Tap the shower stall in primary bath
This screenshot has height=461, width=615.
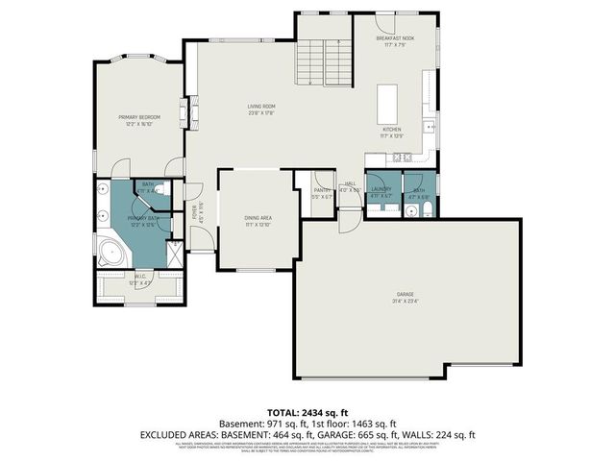(176, 254)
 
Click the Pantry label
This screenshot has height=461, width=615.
(322, 190)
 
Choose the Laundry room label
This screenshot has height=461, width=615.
(381, 190)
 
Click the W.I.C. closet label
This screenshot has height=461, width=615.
(140, 279)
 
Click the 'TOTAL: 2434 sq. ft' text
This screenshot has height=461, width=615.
(307, 412)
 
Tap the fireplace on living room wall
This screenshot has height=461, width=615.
(189, 117)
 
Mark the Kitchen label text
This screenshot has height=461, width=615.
(392, 129)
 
